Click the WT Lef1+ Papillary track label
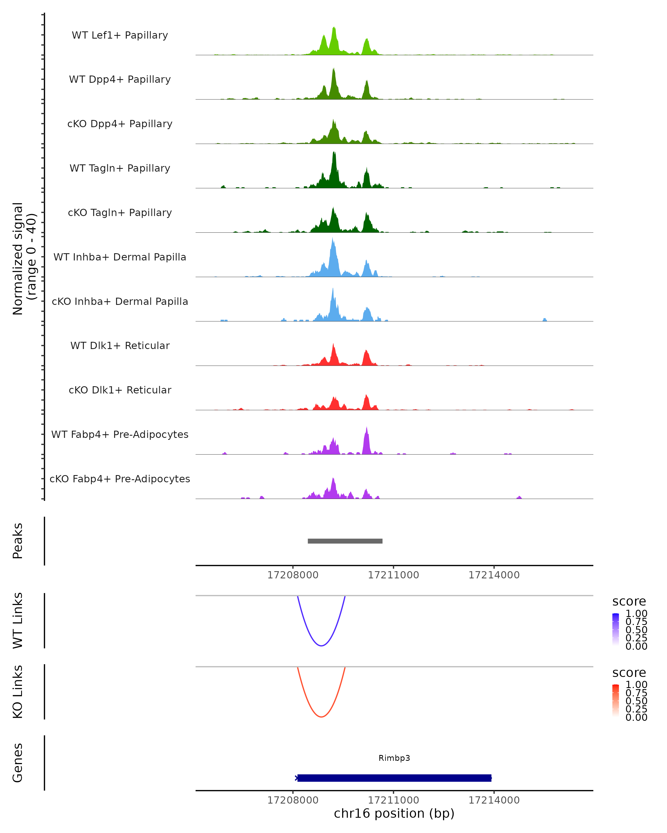(120, 35)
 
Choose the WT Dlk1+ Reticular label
(120, 345)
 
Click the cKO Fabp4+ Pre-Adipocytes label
(120, 479)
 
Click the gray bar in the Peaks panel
(345, 541)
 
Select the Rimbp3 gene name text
(394, 758)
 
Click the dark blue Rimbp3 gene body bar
(394, 778)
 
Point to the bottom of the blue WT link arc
(321, 646)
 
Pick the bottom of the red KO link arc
(321, 717)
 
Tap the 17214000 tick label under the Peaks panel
(494, 575)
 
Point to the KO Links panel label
(18, 692)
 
